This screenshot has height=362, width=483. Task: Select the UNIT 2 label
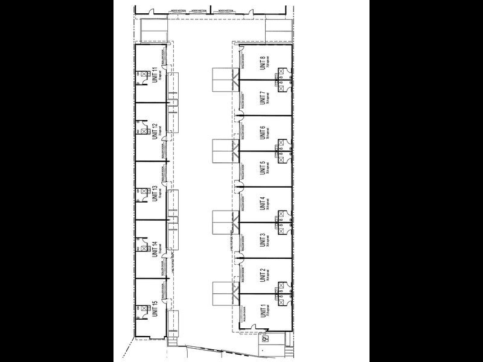tap(263, 275)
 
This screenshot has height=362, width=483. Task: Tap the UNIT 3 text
tap(263, 240)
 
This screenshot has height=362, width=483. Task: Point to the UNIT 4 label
tap(263, 205)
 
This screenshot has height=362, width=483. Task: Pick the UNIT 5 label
tap(263, 168)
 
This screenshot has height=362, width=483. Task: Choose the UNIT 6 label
tap(263, 133)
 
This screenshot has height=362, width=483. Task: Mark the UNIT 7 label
tap(263, 98)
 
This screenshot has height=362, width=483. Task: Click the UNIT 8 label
tap(263, 63)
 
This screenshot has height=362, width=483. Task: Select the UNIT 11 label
tap(155, 74)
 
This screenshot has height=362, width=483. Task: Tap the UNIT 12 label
tap(155, 130)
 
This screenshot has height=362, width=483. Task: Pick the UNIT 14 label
tap(155, 249)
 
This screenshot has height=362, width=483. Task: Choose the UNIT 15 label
tap(155, 308)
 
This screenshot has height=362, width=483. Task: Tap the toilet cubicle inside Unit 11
tap(142, 75)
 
